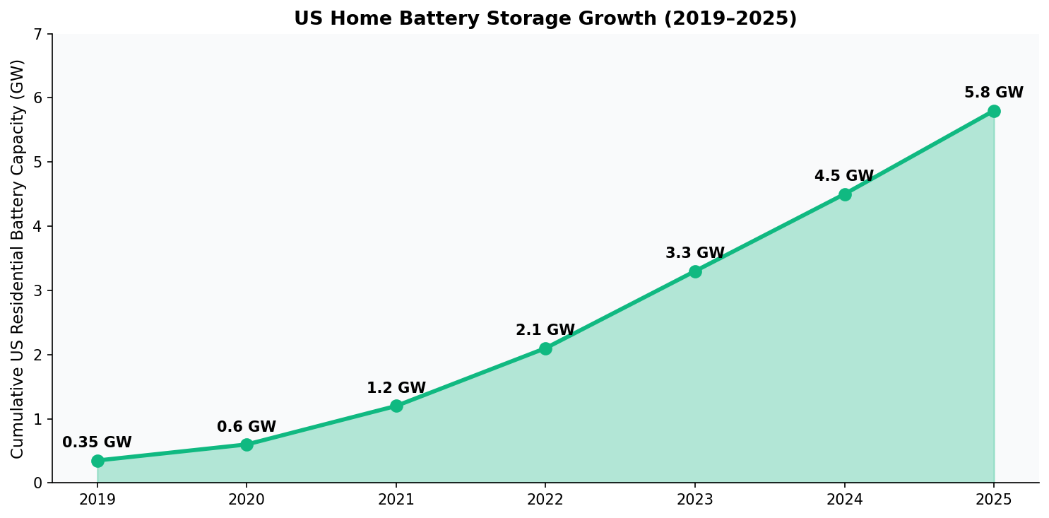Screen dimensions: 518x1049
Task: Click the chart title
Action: click(545, 19)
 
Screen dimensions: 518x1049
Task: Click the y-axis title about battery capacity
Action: click(18, 259)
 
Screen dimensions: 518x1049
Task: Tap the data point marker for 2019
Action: click(97, 461)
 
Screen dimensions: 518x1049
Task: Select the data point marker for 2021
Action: click(396, 406)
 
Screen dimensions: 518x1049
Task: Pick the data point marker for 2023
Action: click(695, 271)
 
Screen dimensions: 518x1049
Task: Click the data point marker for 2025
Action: click(994, 111)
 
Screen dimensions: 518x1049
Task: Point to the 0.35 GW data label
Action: click(97, 443)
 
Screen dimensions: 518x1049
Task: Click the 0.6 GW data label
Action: click(247, 428)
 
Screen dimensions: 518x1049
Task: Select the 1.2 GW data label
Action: click(396, 389)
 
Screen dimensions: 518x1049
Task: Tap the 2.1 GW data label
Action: click(545, 331)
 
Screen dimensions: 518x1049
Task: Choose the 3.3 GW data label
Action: click(695, 254)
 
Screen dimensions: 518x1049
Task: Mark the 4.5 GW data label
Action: click(844, 177)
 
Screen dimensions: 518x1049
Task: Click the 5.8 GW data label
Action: click(994, 93)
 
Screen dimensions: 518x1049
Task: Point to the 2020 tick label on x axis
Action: click(247, 500)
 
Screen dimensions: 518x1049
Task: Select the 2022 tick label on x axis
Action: click(545, 500)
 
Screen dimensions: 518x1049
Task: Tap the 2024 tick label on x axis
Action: click(845, 500)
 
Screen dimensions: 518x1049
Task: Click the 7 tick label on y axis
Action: click(38, 34)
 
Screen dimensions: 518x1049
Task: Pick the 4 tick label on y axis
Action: click(38, 227)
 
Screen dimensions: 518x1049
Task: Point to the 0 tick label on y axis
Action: click(38, 483)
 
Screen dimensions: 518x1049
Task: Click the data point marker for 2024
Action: click(845, 194)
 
